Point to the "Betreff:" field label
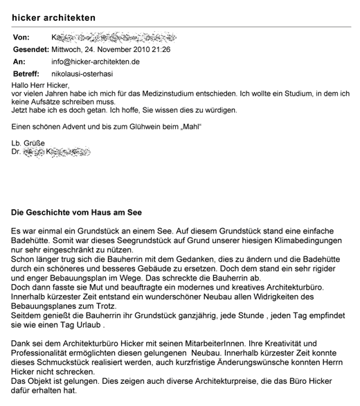(28, 72)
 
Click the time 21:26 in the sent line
(161, 49)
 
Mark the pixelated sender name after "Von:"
(118, 37)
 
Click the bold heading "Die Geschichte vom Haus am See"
(77, 212)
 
